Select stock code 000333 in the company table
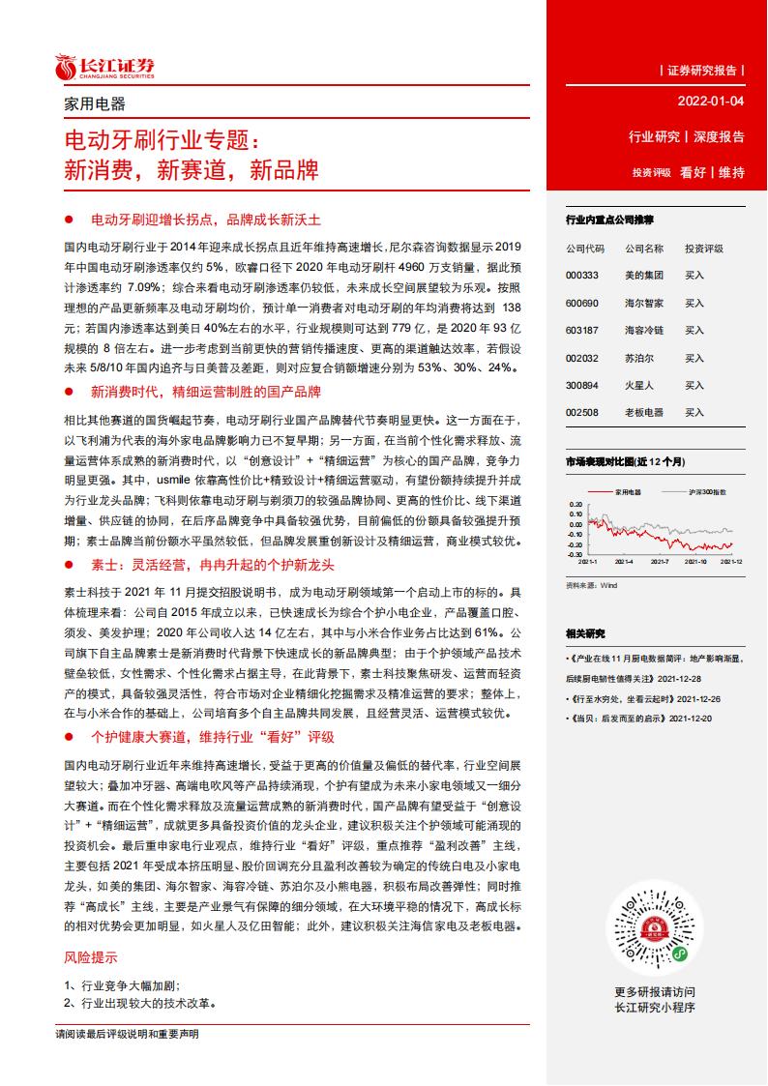click(584, 276)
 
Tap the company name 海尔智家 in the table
click(644, 303)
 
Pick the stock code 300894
click(584, 385)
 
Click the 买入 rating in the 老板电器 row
click(694, 412)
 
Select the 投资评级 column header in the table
click(703, 249)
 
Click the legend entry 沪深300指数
click(708, 491)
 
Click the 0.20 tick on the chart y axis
click(576, 505)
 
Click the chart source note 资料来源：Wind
click(591, 585)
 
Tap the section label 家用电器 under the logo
click(94, 104)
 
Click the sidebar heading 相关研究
click(585, 633)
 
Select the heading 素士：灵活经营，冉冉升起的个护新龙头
click(212, 564)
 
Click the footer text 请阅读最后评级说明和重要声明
click(128, 1035)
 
